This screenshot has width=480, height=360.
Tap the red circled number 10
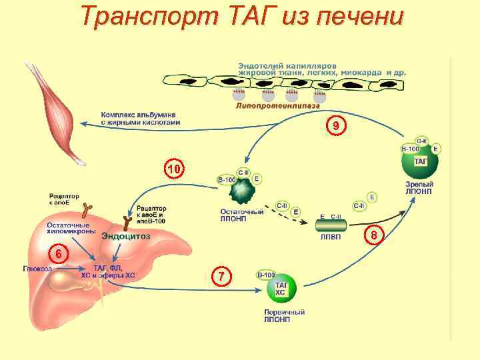pos(173,171)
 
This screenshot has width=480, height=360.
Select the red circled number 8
pos(374,235)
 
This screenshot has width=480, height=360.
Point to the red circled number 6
pos(59,255)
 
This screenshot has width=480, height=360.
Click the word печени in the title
pos(361,16)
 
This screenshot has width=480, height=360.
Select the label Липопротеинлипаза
pos(277,105)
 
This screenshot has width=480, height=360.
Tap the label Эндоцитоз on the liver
pos(125,235)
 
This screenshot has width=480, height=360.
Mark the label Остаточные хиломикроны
pos(68,228)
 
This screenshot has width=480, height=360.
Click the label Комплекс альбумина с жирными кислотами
pos(140,118)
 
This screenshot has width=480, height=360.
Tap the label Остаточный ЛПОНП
pos(241,215)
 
